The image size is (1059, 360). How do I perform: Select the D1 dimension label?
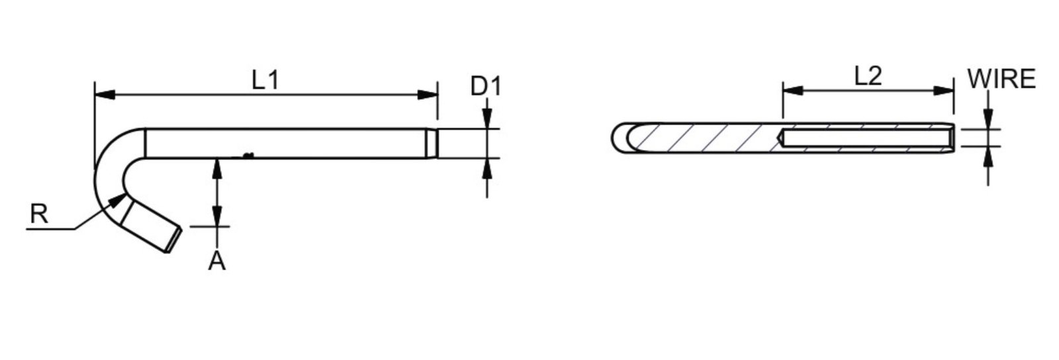pos(486,86)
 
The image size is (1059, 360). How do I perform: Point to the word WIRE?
pos(1001,79)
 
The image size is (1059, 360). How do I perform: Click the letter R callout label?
pos(39,214)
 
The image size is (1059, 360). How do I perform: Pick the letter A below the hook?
pos(217,260)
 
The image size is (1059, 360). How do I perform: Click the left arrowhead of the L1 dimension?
pos(105,95)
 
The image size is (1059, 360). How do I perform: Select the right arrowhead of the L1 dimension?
pos(428,95)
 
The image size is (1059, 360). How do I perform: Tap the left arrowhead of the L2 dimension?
pos(793,90)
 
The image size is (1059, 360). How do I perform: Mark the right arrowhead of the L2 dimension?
pos(944,90)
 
